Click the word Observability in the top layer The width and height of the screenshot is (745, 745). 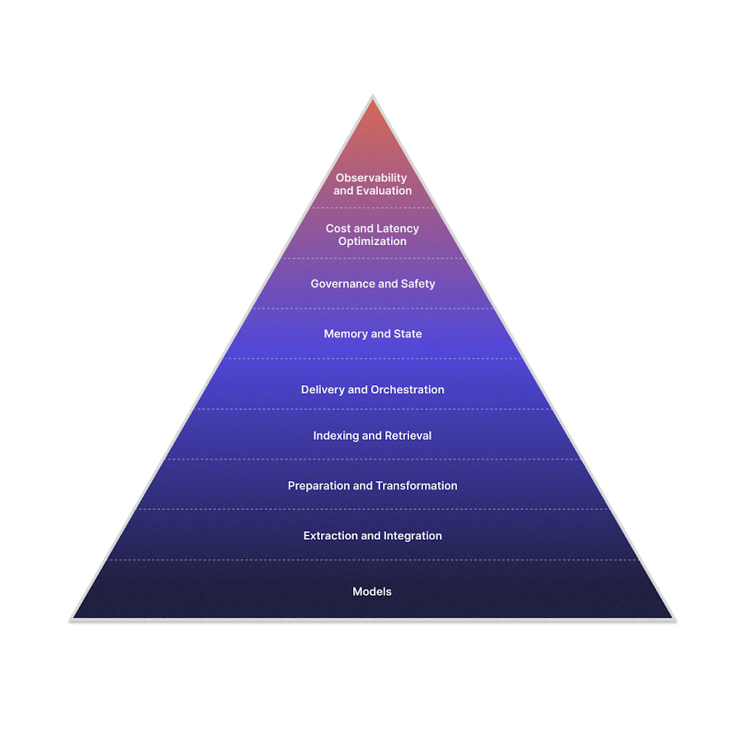[371, 178]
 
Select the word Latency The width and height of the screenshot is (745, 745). [397, 229]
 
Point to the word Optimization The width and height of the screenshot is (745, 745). [372, 242]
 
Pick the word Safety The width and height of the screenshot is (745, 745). [417, 284]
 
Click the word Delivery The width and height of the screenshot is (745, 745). [323, 389]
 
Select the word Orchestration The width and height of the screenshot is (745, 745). [408, 389]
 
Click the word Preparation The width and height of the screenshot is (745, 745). [318, 486]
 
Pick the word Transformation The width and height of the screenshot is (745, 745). [417, 486]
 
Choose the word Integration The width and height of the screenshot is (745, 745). [412, 536]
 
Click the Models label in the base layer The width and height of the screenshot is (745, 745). [372, 592]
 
